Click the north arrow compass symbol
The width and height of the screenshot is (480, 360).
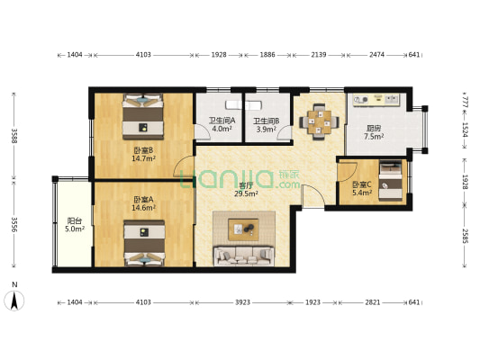[x=14, y=301]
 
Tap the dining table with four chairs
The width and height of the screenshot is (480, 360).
[x=320, y=122]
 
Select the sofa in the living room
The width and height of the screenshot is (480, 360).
[x=244, y=256]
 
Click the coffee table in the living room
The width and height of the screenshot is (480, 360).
[x=244, y=229]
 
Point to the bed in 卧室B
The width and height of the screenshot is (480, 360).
[x=143, y=116]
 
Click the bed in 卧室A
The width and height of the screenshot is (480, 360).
[x=144, y=243]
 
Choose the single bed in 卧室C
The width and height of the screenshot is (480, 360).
[x=390, y=181]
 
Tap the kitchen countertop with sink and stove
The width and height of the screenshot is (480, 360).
[x=376, y=100]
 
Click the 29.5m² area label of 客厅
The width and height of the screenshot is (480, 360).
[x=246, y=193]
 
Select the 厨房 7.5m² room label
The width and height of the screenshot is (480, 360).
[x=374, y=132]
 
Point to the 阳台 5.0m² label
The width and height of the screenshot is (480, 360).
[x=75, y=224]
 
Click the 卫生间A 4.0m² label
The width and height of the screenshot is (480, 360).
[x=222, y=124]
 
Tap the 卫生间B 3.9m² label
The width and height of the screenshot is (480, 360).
[x=266, y=125]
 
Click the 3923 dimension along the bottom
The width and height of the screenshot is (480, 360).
[x=242, y=302]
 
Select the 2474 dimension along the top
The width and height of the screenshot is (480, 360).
[x=376, y=55]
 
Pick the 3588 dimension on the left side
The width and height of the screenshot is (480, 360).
[x=14, y=136]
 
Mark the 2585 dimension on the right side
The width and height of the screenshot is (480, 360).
[x=465, y=236]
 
